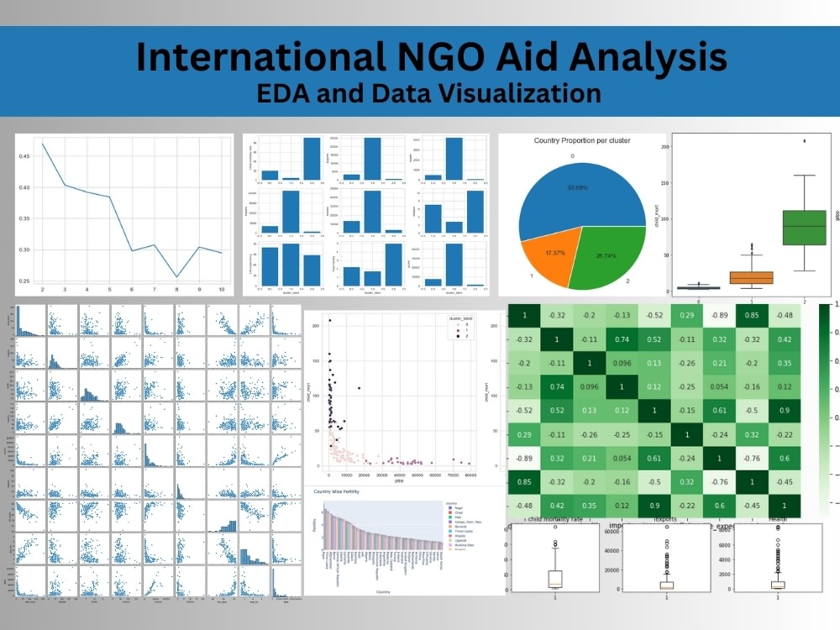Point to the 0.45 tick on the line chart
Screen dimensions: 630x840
pyautogui.click(x=25, y=155)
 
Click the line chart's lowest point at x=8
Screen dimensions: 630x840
pyautogui.click(x=176, y=276)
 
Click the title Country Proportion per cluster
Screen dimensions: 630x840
pyautogui.click(x=581, y=140)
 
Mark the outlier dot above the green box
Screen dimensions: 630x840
pyautogui.click(x=806, y=141)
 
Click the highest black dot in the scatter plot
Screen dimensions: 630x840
pyautogui.click(x=330, y=320)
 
